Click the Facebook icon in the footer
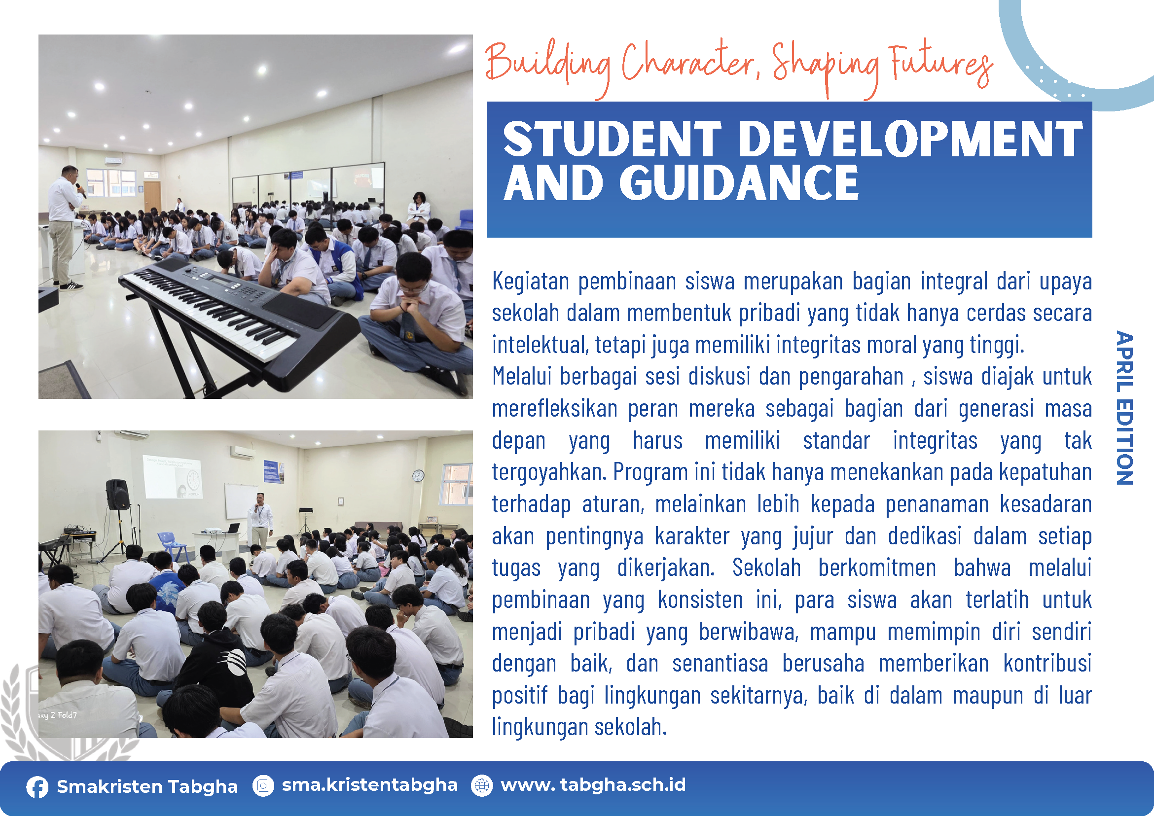coord(37,787)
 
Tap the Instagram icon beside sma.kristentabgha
coord(263,785)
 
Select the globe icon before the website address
coord(482,785)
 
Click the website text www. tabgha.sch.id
coord(593,785)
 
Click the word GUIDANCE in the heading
coord(739,183)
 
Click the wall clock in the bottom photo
coord(418,475)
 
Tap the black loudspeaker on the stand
coord(117,495)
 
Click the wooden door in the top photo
coord(152,196)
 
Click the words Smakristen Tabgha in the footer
coord(147,787)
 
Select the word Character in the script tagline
coord(689,63)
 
